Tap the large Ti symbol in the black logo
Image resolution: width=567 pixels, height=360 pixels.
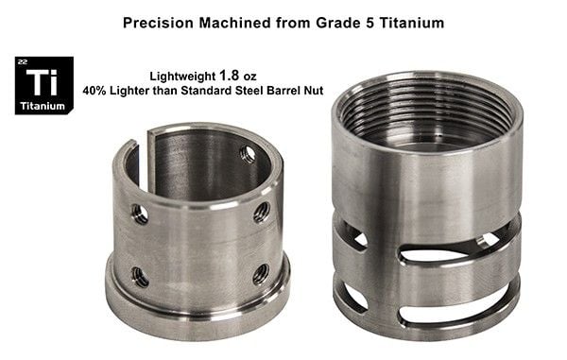tap(43, 80)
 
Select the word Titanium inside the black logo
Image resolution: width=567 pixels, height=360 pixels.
tap(43, 106)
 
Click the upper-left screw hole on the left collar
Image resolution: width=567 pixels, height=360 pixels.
tap(139, 214)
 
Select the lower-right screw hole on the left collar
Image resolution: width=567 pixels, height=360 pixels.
tap(260, 274)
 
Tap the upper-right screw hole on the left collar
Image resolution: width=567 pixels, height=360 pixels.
tap(262, 211)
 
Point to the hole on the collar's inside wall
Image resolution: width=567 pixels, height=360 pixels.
tap(248, 153)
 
